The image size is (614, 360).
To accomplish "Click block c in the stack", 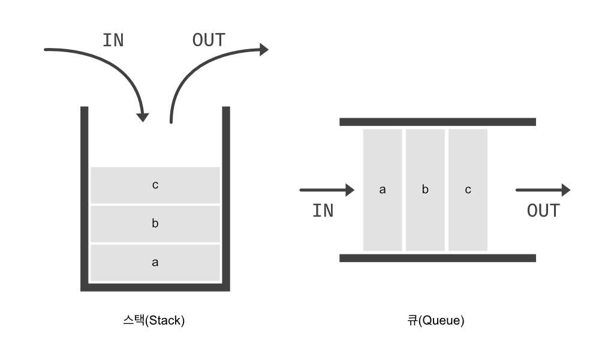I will pos(155,185).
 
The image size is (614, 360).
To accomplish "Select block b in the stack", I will pos(155,224).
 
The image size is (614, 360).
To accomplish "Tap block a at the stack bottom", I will pos(155,262).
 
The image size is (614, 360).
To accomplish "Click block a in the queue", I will pos(383,190).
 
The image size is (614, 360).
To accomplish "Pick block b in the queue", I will pos(425,190).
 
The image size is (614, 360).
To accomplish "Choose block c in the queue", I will pos(468,190).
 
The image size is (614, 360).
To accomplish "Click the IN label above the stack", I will pos(113,40).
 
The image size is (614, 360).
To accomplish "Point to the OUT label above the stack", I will pos(209,40).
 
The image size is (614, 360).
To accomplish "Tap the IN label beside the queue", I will pos(323,211).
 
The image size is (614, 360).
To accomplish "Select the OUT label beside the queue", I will pos(543,211).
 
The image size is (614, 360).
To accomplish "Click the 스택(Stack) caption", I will pos(154,320).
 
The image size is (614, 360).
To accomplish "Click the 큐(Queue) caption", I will pos(435,320).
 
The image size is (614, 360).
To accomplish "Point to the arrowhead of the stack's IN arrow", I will pos(142,116).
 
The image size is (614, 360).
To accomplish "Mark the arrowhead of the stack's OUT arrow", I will pos(263,50).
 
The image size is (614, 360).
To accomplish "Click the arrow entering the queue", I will pos(327,190).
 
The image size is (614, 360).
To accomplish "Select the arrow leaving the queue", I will pos(543,190).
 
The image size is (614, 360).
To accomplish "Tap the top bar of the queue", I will pos(437,122).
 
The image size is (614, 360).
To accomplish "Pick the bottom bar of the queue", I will pos(437,258).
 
